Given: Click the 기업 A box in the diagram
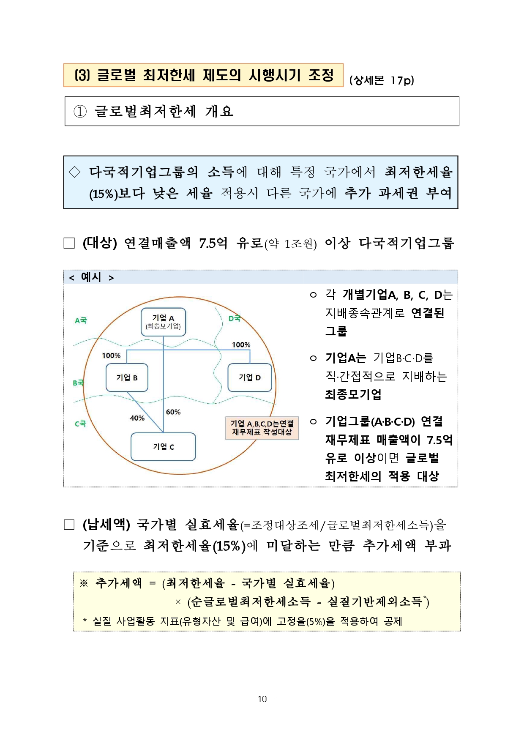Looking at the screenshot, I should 163,322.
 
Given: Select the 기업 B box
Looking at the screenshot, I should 127,377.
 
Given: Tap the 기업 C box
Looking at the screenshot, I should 163,446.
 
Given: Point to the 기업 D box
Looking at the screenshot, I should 249,377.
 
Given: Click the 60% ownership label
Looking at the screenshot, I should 173,412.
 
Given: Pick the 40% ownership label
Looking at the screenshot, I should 137,418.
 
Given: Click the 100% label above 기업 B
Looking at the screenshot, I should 111,355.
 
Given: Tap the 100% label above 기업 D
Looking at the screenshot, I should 241,345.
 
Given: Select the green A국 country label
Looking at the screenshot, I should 81,320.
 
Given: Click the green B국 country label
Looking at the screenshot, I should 78,383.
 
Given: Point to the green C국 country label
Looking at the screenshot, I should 80,424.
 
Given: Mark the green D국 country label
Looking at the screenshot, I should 234,318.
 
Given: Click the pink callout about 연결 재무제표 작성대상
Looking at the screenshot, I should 262,427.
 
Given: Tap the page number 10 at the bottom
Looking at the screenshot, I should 262,699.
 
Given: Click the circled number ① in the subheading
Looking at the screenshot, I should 80,112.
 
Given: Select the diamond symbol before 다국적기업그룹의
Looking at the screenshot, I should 75,172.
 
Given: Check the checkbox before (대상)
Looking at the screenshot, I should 69,243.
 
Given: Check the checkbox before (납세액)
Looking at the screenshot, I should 69,525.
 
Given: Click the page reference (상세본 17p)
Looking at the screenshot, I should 382,80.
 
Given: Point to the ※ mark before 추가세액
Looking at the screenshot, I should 84,583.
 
